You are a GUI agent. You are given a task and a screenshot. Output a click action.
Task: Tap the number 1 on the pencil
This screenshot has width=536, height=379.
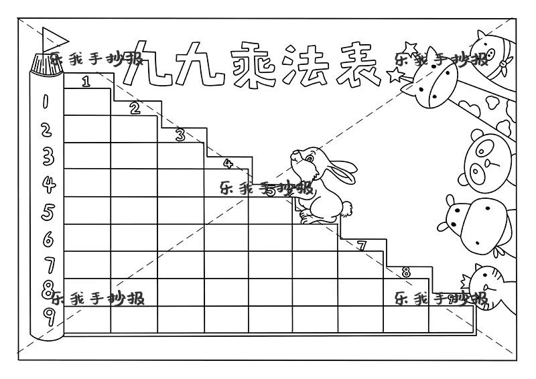tap(46, 102)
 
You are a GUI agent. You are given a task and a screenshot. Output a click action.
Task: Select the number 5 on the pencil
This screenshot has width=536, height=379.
tap(48, 211)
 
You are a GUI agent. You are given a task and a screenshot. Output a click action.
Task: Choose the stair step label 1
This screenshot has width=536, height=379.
tap(86, 82)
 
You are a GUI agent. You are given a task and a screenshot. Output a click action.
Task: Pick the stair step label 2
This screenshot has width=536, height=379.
tap(135, 108)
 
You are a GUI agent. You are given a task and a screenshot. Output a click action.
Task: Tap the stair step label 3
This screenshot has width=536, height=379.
tap(180, 135)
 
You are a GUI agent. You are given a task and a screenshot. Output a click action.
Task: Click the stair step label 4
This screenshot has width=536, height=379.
tap(227, 163)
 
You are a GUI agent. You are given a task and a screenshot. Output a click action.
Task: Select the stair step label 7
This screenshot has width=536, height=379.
tap(361, 246)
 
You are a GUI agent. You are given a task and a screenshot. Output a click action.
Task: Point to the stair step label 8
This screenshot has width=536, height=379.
tap(406, 272)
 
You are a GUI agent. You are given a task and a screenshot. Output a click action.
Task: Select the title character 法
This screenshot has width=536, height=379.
tap(308, 66)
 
